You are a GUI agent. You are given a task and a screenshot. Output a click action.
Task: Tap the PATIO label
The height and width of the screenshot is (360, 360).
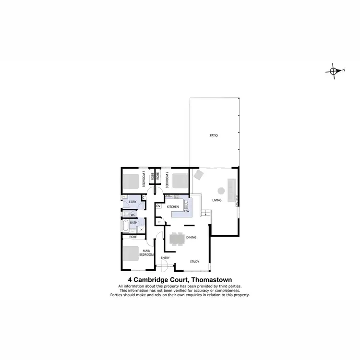point(214,136)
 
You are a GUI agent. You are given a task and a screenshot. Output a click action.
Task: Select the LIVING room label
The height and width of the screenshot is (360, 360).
point(217,200)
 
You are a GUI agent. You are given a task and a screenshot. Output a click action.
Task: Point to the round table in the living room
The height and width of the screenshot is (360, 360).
point(220,189)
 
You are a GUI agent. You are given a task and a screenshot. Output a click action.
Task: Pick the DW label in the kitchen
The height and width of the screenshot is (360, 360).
point(187,211)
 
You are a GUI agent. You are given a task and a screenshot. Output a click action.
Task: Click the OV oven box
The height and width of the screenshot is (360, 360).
point(158,206)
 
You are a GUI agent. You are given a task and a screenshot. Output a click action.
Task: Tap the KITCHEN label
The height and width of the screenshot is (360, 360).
point(173,207)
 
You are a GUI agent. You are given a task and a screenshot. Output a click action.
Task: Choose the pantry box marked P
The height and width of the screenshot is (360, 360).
point(159,222)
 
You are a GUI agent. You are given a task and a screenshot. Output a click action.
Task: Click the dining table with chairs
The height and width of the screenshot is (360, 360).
point(177,239)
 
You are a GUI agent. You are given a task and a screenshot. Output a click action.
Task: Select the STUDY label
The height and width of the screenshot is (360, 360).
point(194,262)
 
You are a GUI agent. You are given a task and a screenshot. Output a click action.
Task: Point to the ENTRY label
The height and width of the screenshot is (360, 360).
point(165,258)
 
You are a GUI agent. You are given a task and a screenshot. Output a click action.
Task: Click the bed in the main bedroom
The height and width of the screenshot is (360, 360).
point(131,253)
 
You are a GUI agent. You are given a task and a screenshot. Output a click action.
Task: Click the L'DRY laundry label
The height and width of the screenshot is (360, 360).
point(132,202)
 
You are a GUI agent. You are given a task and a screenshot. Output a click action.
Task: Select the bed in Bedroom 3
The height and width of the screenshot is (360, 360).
point(131,181)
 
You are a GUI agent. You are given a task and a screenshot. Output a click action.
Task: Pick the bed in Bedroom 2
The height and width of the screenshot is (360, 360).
point(180,181)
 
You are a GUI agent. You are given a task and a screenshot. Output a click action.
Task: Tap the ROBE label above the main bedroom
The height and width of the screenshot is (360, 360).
point(133,237)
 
